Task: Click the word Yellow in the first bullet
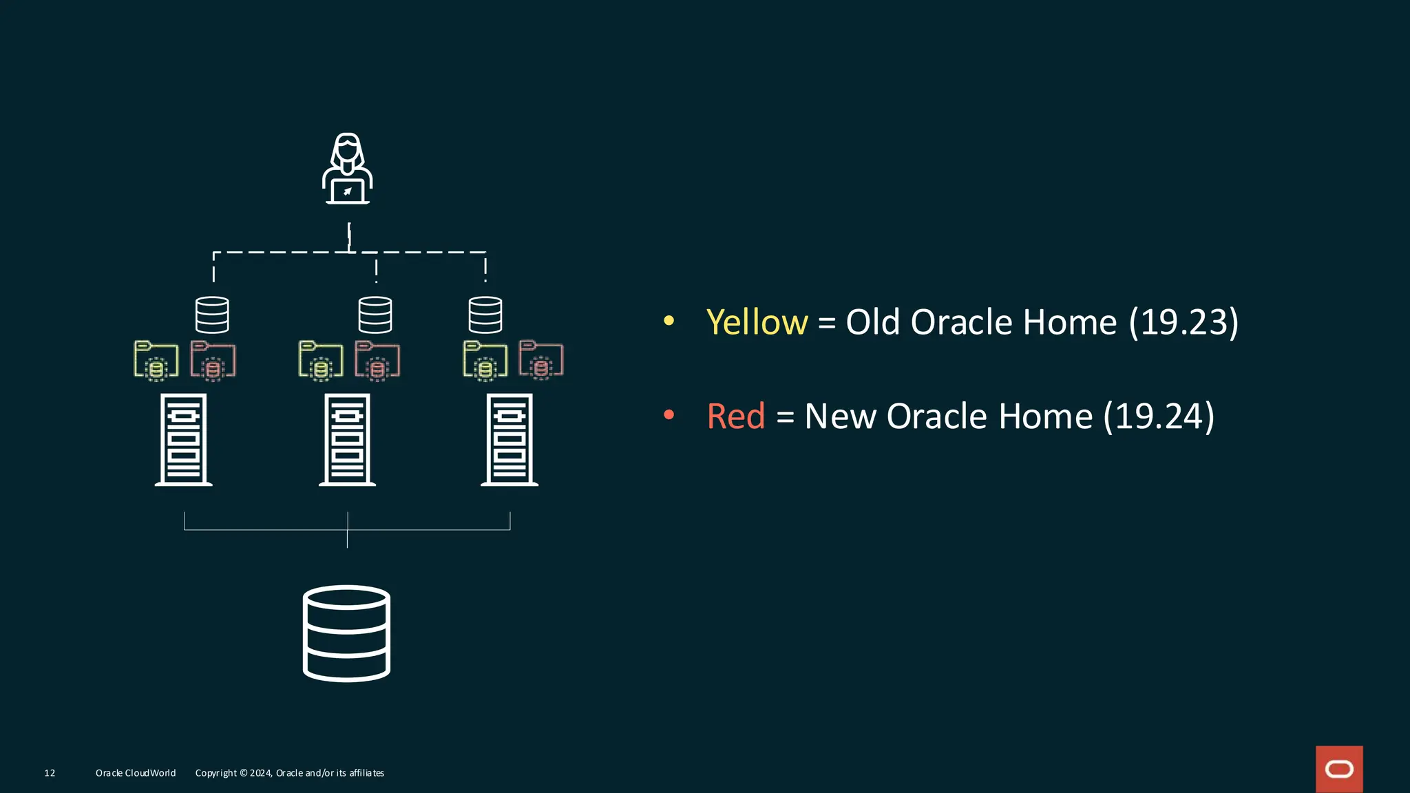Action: tap(757, 322)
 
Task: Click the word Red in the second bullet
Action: tap(735, 416)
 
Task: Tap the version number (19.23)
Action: tap(1183, 322)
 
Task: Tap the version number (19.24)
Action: tap(1159, 416)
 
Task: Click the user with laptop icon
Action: tap(348, 169)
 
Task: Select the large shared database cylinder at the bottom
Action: tap(346, 633)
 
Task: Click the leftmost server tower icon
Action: tap(183, 440)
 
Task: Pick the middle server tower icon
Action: tap(347, 440)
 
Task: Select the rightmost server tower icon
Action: tap(509, 440)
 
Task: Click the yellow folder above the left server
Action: tap(156, 360)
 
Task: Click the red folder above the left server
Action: tap(213, 360)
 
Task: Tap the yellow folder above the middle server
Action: tap(321, 360)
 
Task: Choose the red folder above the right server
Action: tap(541, 359)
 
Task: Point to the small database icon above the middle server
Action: tap(375, 315)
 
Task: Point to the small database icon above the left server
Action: tap(212, 315)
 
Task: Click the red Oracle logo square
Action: tap(1339, 769)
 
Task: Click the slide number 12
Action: tap(50, 773)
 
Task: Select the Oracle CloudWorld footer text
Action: tap(136, 773)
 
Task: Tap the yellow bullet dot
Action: tap(669, 321)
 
